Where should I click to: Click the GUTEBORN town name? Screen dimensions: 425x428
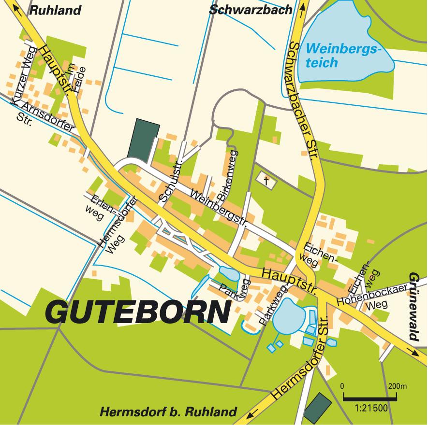pos(137,313)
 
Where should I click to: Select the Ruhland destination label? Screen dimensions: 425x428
pos(56,10)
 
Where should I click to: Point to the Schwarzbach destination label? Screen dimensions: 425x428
pos(251,10)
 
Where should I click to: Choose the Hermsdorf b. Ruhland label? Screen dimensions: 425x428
pos(168,412)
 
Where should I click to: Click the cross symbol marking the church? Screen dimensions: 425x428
pos(266,180)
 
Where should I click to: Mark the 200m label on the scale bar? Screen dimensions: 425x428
pos(397,387)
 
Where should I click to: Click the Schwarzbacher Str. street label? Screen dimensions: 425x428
pos(304,101)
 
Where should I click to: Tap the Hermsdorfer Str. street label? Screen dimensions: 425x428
pos(300,358)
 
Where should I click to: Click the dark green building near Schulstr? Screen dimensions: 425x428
pos(144,138)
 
